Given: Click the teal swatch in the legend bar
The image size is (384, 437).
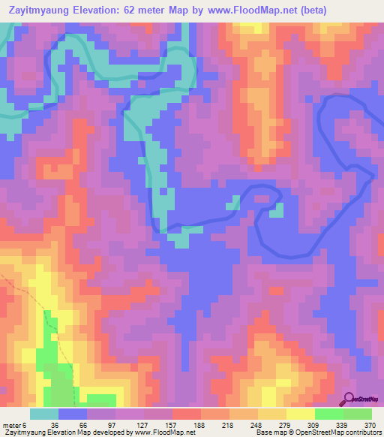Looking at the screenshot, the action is coord(44,414).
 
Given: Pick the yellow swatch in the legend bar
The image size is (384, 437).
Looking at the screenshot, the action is coord(300,414).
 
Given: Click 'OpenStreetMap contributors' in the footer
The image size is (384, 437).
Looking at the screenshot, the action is coord(344,432).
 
